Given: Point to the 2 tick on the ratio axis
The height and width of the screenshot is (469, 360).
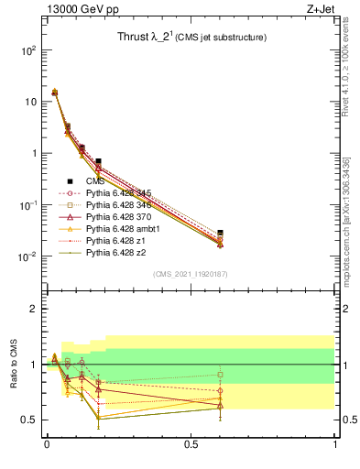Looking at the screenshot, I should (x=31, y=310).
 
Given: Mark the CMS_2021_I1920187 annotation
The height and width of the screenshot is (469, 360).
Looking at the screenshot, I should (x=190, y=274).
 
